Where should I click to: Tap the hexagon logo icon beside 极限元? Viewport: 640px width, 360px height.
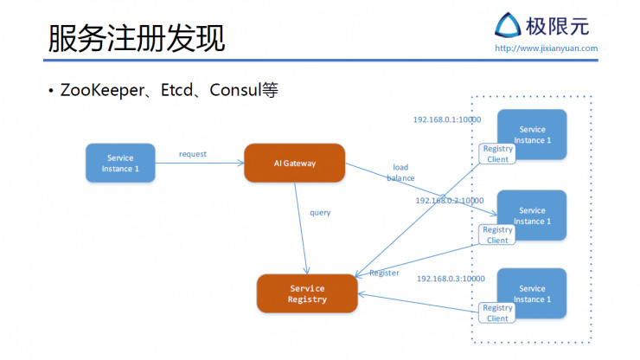click(x=506, y=25)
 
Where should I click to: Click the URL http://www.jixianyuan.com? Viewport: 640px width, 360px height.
click(x=546, y=48)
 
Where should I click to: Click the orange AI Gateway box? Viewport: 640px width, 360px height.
click(x=294, y=163)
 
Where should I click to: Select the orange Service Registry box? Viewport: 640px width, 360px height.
click(x=307, y=293)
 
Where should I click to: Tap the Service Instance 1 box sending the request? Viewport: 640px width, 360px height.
click(x=120, y=163)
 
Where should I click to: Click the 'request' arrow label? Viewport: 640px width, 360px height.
click(x=193, y=154)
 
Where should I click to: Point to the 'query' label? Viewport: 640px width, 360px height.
click(x=320, y=212)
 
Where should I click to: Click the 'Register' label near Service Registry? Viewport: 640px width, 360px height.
click(x=384, y=273)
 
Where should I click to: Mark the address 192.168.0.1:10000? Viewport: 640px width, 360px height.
click(x=446, y=119)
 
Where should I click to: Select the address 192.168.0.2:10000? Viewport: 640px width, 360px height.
click(x=449, y=200)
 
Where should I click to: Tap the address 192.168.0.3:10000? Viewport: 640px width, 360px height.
click(x=451, y=279)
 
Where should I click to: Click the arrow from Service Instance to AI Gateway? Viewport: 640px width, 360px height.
click(x=200, y=163)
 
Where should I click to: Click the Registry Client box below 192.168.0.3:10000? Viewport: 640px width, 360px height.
click(x=497, y=313)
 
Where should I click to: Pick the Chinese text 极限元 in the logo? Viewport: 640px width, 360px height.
click(x=557, y=25)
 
